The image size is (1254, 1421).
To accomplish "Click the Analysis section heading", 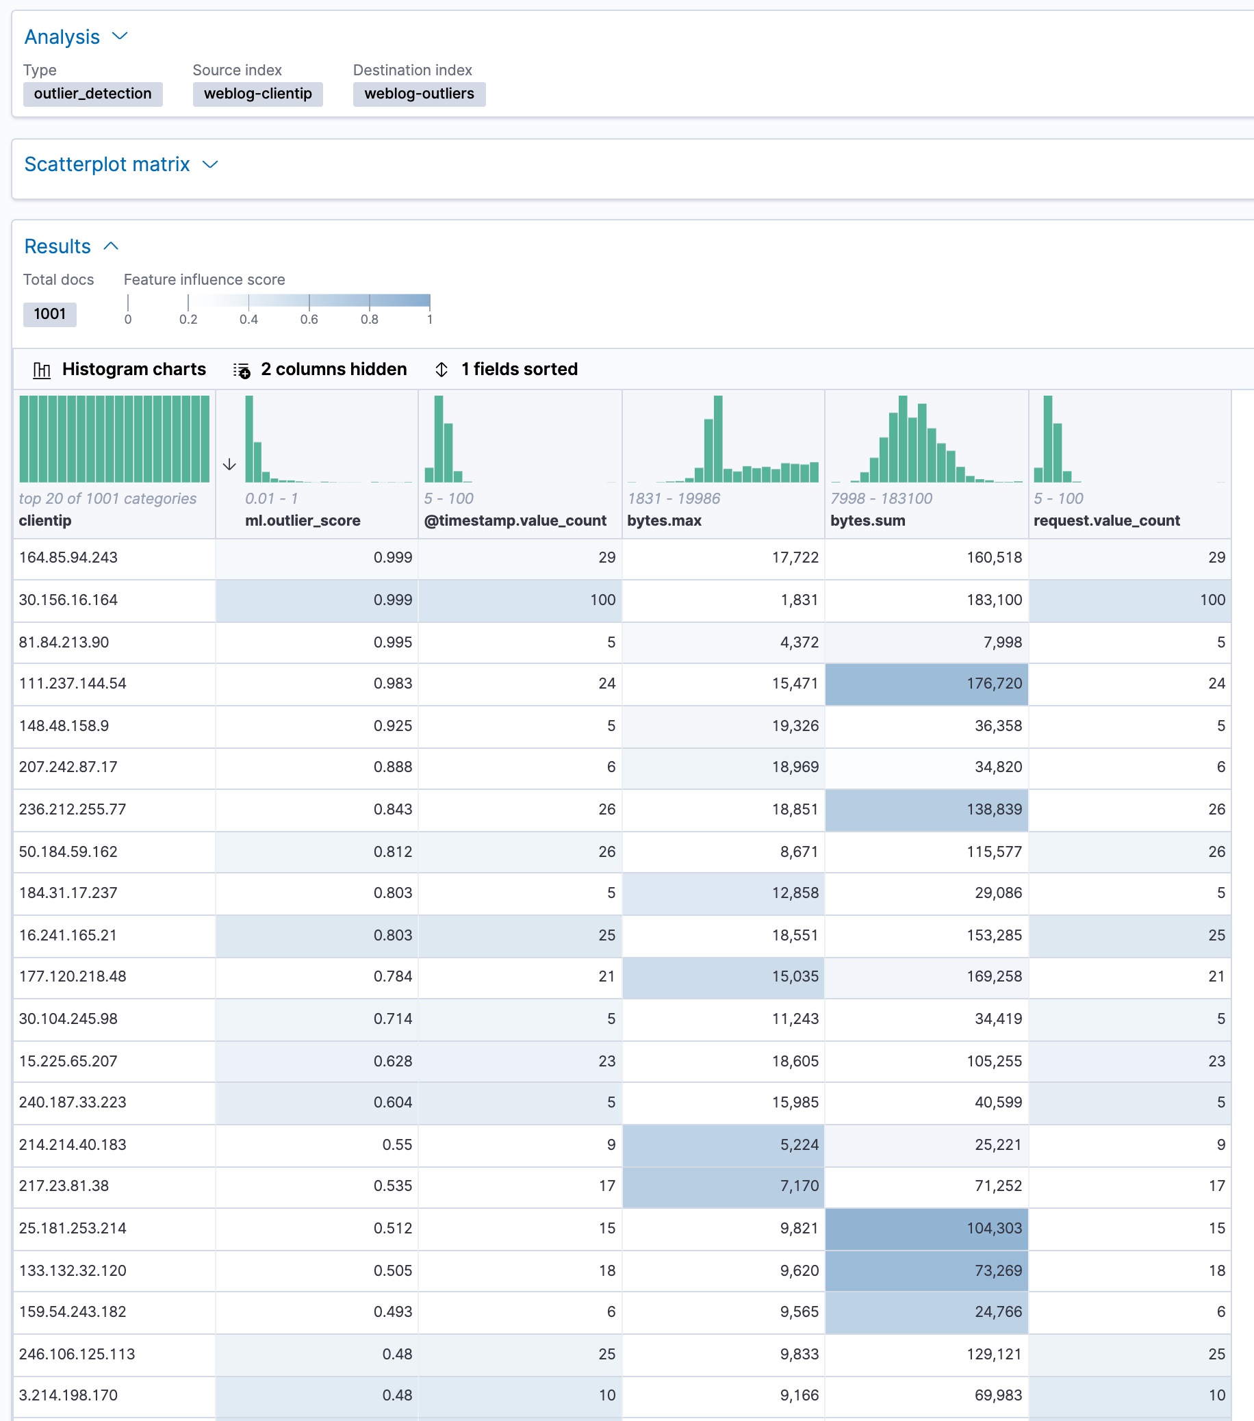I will (62, 37).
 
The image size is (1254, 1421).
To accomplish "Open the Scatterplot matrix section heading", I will (107, 164).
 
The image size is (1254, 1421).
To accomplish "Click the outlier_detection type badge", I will (92, 94).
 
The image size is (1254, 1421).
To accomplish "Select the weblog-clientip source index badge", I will (257, 94).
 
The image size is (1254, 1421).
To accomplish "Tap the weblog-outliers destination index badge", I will (418, 94).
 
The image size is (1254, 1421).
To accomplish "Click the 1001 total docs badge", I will (49, 313).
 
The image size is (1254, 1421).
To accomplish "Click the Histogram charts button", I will (120, 369).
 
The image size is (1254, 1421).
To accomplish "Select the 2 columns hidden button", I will (320, 369).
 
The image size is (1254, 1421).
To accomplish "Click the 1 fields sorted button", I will (507, 369).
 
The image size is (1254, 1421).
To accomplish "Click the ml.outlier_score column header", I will (303, 520).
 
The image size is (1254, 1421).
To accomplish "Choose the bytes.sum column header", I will (867, 520).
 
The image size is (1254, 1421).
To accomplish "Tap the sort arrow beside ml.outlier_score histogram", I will (229, 464).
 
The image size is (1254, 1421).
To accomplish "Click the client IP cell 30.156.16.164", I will (68, 600).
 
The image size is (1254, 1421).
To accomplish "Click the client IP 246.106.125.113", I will (77, 1353).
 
